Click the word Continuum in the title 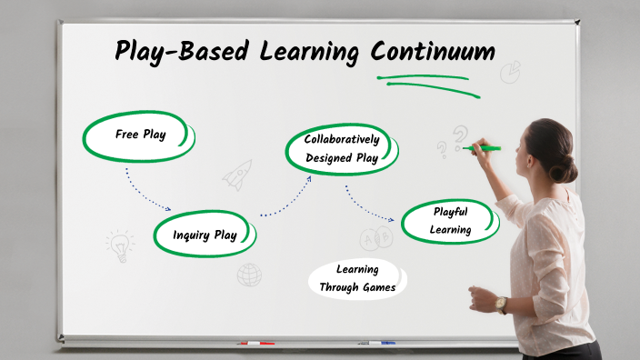point(432,52)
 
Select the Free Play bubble point(139,135)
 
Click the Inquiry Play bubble point(205,235)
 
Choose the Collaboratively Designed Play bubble point(341,149)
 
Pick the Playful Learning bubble point(450,221)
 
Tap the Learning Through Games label point(356,279)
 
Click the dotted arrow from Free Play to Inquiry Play point(145,191)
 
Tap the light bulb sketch point(119,244)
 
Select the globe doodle point(249,275)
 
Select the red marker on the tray point(255,344)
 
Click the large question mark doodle point(462,136)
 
